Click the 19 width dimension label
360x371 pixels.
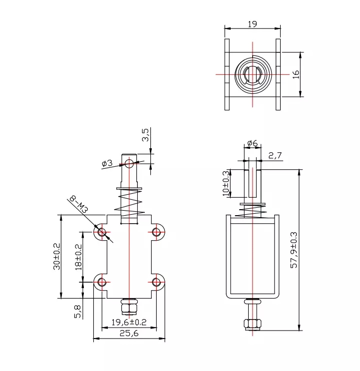coord(252,24)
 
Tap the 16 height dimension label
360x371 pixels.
coord(296,74)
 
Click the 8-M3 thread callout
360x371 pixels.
coord(77,204)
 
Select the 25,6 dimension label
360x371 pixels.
coord(129,334)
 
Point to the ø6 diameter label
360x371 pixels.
coord(252,144)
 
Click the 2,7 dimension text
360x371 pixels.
coord(275,156)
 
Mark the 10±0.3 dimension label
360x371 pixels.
coord(226,183)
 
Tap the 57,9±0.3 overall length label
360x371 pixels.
coord(294,250)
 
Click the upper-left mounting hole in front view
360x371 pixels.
coord(102,232)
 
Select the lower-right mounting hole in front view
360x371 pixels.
coord(157,283)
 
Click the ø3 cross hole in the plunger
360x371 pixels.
coord(129,163)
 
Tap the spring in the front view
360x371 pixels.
coord(129,202)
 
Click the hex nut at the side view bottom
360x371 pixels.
coord(252,322)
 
